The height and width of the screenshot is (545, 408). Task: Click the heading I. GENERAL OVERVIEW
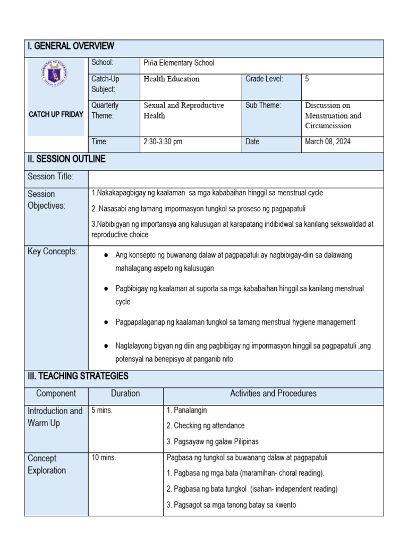[x=71, y=46]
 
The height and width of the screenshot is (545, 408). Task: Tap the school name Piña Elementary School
[x=178, y=63]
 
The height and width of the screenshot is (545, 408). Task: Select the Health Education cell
[x=172, y=79]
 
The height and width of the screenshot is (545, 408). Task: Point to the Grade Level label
[x=264, y=79]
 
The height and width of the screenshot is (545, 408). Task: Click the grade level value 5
[x=307, y=79]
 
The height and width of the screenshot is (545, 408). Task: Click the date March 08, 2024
[x=328, y=142]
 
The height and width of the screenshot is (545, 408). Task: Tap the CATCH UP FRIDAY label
[x=56, y=114]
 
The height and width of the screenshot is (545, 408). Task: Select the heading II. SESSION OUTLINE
[x=66, y=159]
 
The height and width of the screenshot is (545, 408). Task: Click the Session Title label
[x=50, y=176]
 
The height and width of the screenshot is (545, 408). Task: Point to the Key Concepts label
[x=53, y=251]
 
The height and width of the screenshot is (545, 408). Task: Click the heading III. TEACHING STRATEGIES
[x=78, y=376]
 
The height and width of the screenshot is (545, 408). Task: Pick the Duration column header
[x=125, y=393]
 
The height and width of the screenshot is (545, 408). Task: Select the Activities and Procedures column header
[x=273, y=393]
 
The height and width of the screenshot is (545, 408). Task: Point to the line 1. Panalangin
[x=186, y=410]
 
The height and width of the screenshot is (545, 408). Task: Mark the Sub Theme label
[x=263, y=105]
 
